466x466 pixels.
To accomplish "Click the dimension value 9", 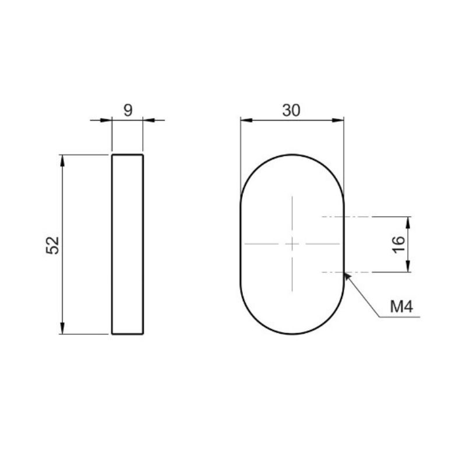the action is pyautogui.click(x=128, y=110).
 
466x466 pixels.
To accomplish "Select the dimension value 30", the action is pyautogui.click(x=291, y=110).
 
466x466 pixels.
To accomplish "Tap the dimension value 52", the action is pyautogui.click(x=52, y=245).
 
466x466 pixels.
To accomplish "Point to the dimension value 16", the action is pyautogui.click(x=398, y=245).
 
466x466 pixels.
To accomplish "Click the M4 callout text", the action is pyautogui.click(x=401, y=307).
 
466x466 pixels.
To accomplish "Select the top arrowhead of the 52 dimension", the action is pyautogui.click(x=62, y=161).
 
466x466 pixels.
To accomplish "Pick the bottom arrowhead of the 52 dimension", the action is pyautogui.click(x=62, y=329).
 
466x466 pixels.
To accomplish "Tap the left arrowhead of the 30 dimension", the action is pyautogui.click(x=246, y=120).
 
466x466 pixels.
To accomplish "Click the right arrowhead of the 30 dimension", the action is pyautogui.click(x=338, y=120).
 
